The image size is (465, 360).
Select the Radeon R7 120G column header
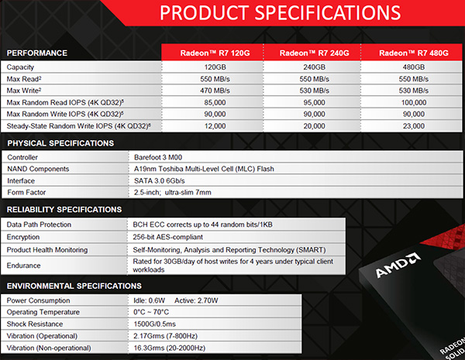[x=212, y=53]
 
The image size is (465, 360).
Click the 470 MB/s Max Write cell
[x=212, y=91]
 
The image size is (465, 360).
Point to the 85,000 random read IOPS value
[x=212, y=103]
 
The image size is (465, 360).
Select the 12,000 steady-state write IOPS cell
[x=212, y=126]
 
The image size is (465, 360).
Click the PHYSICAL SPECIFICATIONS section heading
[x=60, y=143]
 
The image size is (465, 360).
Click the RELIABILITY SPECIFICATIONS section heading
[x=64, y=209]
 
